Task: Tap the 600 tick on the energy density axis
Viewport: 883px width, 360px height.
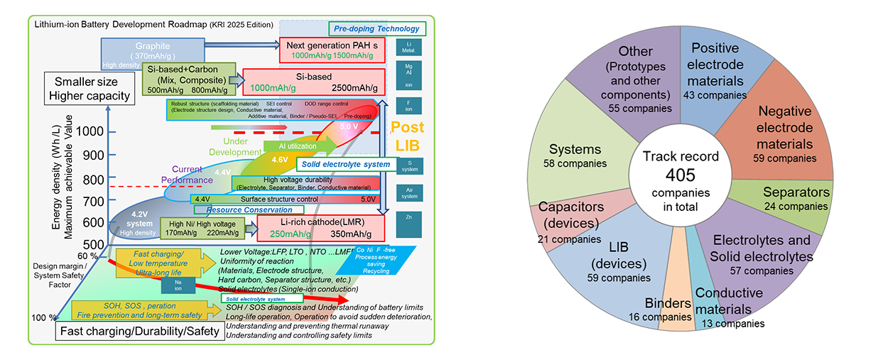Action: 92,222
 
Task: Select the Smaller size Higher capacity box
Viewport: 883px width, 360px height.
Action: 88,88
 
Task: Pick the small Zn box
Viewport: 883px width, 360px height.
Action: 408,224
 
